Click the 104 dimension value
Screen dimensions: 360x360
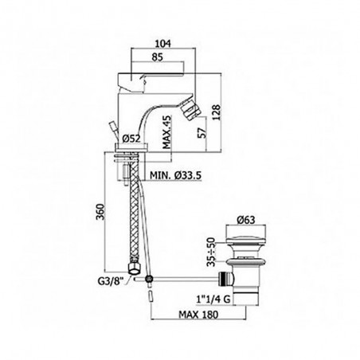(162, 44)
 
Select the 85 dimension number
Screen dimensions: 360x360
(157, 57)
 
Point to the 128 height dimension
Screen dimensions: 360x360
(217, 112)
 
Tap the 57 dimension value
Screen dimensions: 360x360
(202, 133)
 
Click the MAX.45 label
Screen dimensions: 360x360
(166, 131)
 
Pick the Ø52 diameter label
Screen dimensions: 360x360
(131, 138)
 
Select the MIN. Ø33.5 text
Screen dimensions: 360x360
(176, 175)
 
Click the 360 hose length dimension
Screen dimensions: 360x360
(100, 212)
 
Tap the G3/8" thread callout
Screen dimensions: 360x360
(111, 281)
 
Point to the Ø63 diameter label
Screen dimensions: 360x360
(246, 220)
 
